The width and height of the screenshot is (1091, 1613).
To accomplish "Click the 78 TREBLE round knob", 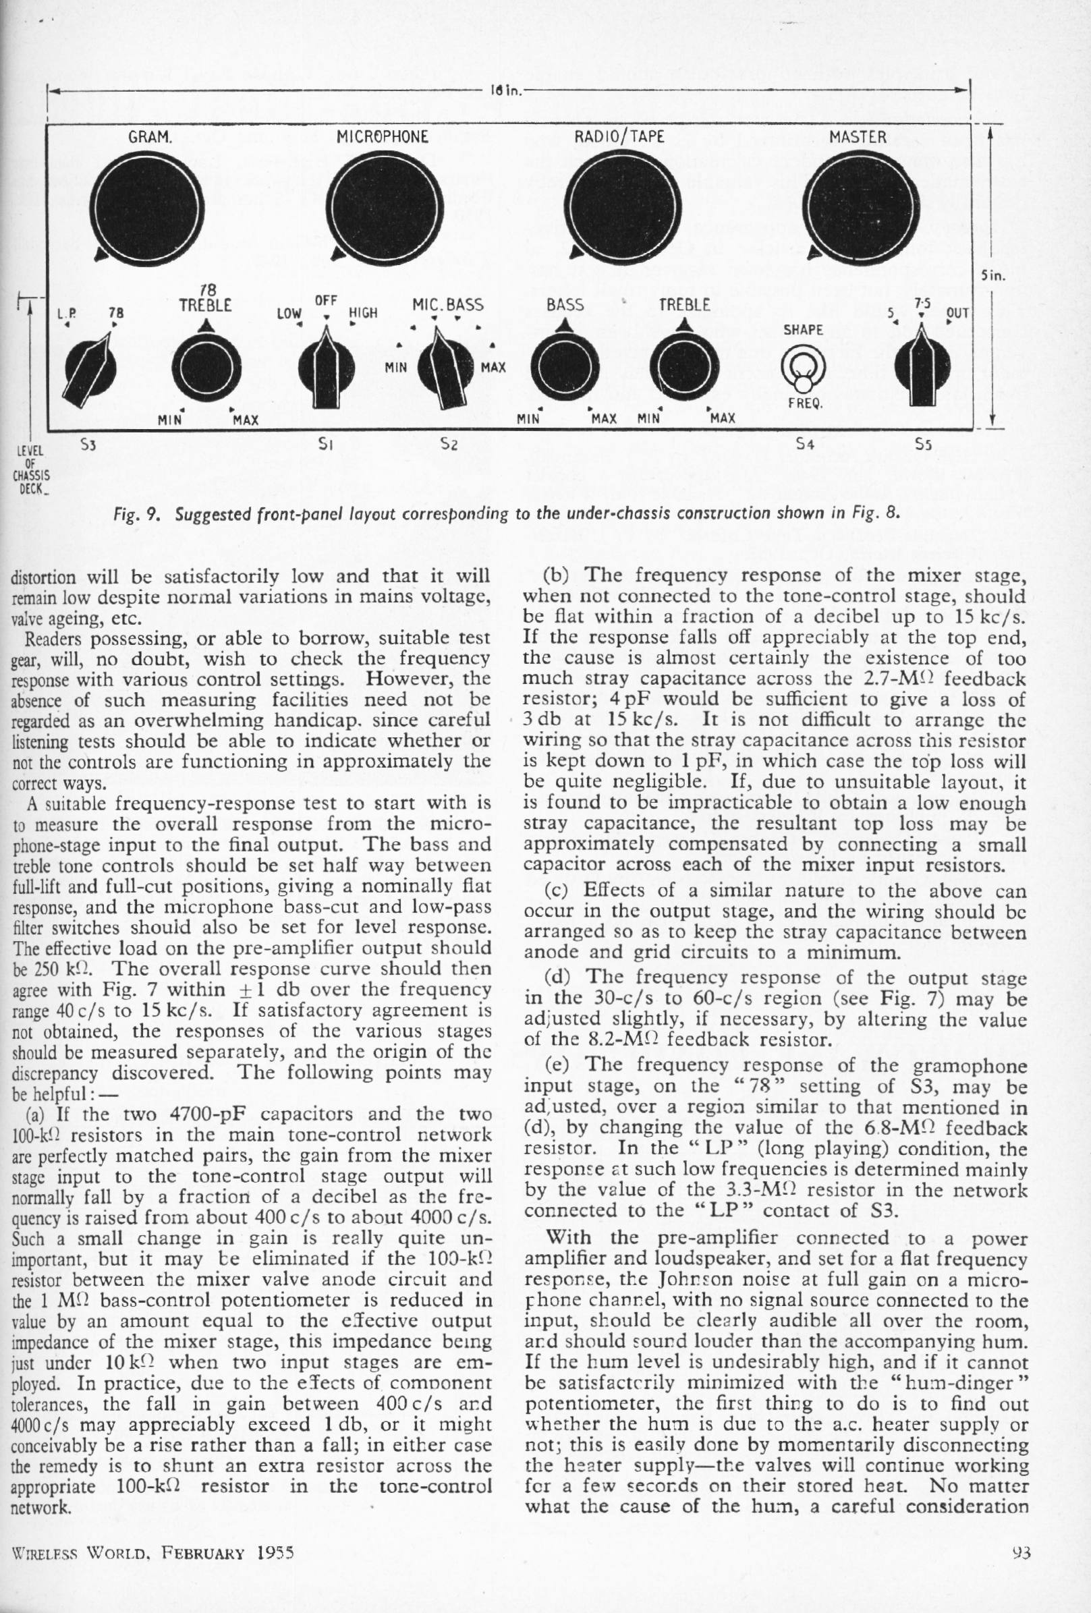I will point(206,371).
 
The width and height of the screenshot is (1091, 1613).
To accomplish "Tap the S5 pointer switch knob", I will point(922,371).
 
